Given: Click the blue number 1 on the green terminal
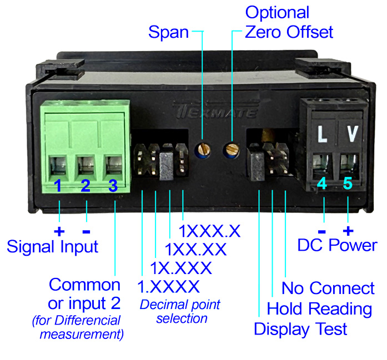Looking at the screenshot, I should (58, 186).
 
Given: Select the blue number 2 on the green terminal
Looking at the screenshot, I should (86, 186).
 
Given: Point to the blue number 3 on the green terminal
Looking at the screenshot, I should (113, 186).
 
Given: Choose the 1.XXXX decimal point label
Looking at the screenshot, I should (168, 287).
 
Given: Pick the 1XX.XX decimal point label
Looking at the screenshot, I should (196, 250).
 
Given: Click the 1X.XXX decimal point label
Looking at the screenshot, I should (181, 268).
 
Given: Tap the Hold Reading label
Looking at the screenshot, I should (319, 308).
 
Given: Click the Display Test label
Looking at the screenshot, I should (300, 328).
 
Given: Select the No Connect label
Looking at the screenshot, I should (328, 288).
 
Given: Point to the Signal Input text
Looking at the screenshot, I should (52, 246).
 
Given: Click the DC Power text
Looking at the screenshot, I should (337, 245).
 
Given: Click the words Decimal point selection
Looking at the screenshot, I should (180, 311).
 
